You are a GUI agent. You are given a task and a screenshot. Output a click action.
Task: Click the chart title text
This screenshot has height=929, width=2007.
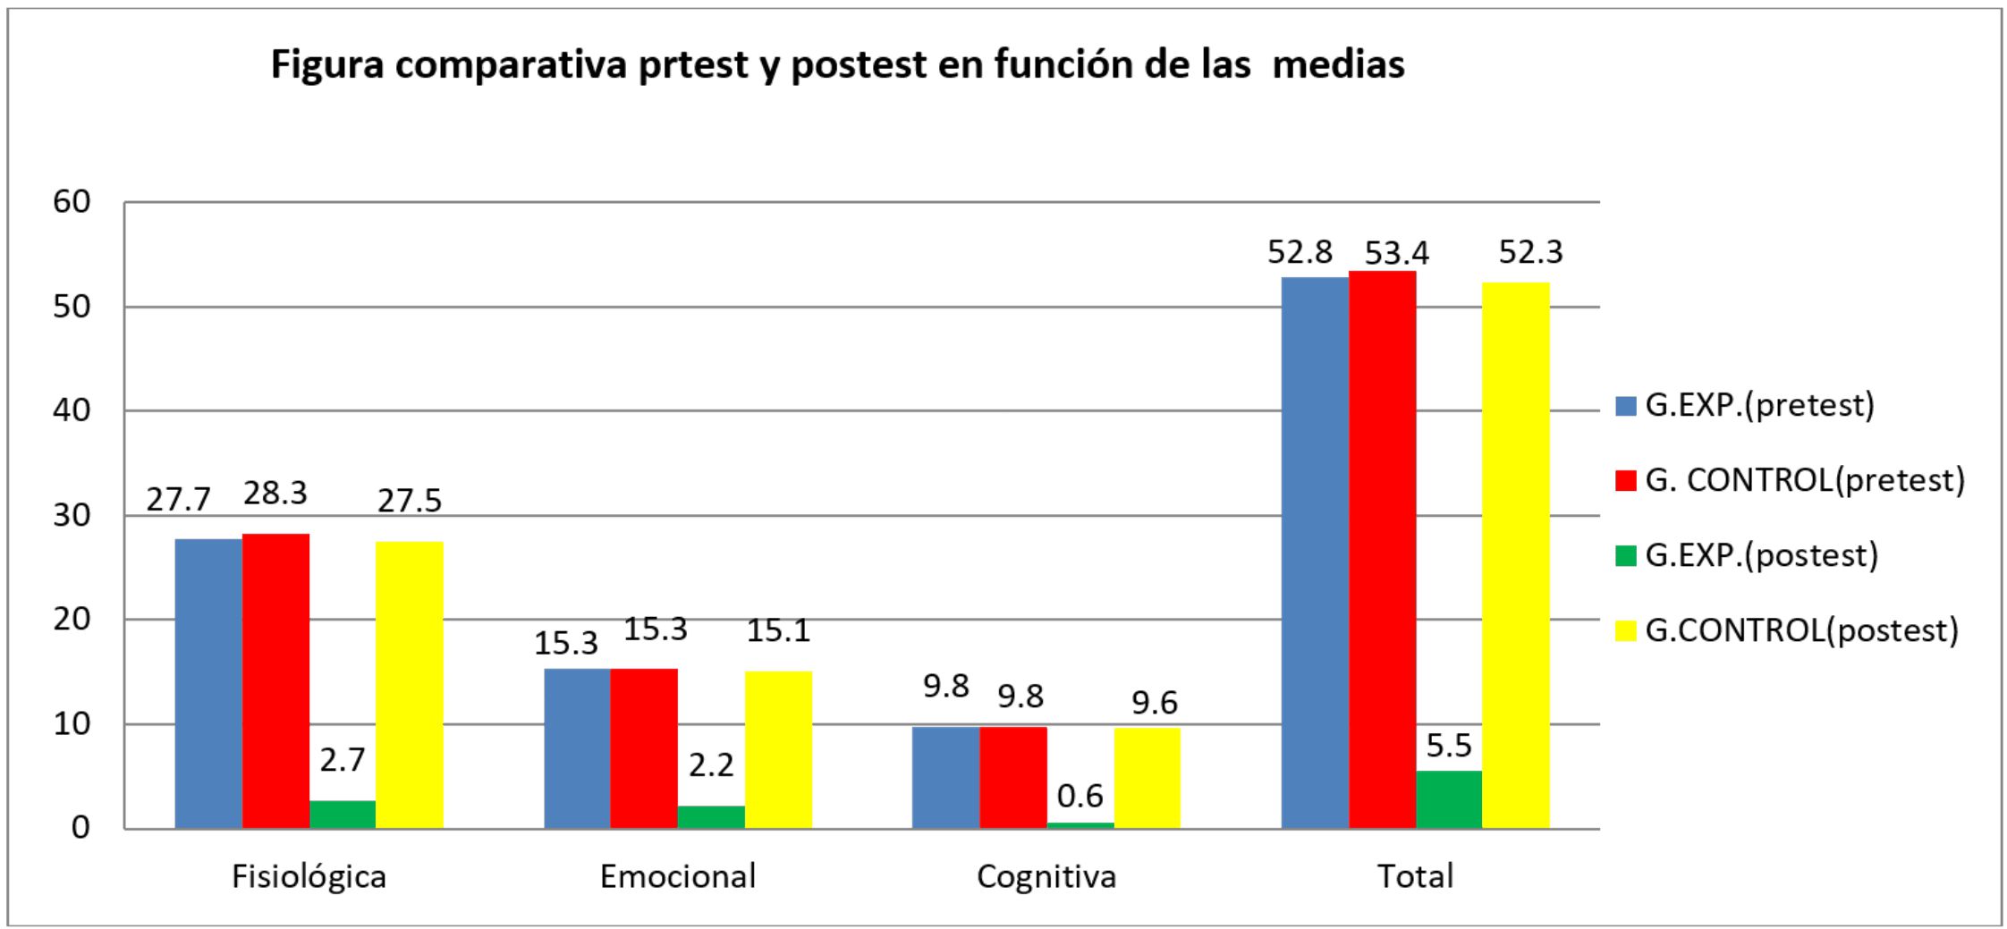coord(837,65)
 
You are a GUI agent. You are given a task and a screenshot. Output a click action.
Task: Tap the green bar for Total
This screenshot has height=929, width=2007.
coord(1449,799)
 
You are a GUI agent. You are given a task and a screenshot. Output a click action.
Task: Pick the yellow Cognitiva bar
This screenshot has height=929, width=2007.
coord(1147,777)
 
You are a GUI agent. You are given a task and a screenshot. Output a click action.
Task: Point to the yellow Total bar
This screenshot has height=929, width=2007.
coord(1515,554)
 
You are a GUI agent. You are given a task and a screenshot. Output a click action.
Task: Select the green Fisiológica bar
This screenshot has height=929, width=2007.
coord(343,814)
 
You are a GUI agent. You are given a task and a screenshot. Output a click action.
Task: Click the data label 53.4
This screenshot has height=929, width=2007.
coord(1396,254)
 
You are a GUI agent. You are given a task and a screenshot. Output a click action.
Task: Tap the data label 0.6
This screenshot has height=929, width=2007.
coord(1080,796)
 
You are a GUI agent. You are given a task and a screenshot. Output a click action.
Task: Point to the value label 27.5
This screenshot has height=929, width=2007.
coord(410,501)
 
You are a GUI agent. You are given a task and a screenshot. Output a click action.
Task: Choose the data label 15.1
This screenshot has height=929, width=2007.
coord(778,631)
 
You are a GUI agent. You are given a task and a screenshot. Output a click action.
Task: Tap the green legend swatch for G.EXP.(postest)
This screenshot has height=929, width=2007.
coord(1625,556)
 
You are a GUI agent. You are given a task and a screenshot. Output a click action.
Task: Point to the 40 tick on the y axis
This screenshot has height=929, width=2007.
coord(72,410)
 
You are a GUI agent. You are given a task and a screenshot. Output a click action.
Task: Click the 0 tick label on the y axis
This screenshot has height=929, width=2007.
coord(80,828)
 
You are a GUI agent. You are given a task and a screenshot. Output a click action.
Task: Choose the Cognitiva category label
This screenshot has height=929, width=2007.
coord(1046,876)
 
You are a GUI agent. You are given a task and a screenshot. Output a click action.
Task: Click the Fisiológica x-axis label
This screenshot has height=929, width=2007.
coord(309,876)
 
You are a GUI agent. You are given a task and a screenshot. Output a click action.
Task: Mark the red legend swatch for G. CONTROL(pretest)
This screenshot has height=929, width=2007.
coord(1625,481)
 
